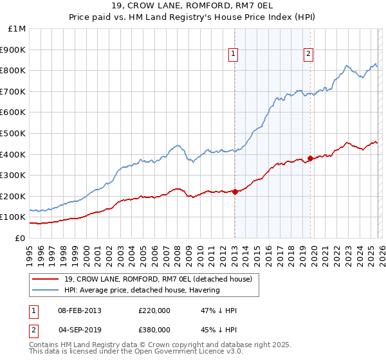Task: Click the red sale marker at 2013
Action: [235, 191]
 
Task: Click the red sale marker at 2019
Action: [310, 157]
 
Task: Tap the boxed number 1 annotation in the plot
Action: [232, 55]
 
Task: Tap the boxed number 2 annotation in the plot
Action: [309, 55]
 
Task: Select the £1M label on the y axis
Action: [18, 29]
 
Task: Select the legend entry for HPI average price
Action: [142, 290]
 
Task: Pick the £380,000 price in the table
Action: [154, 330]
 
